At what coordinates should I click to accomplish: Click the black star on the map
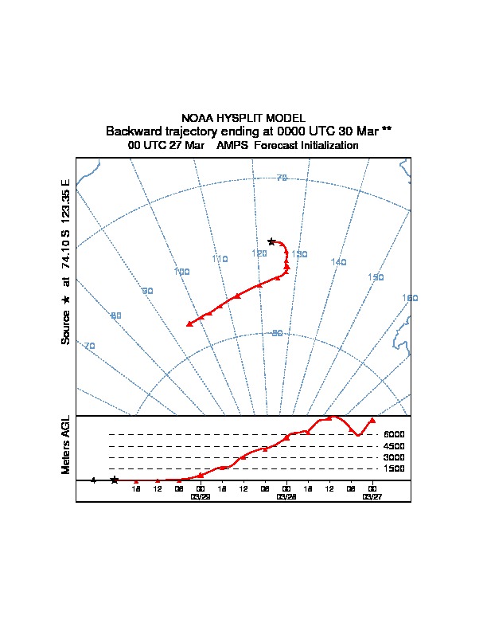271,241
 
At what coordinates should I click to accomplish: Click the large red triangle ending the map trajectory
189,323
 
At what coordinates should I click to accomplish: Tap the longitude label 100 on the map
181,272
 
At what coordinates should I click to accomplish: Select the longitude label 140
339,262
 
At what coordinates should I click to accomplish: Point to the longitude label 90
147,291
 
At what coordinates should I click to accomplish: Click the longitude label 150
376,277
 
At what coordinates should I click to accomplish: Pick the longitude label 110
220,259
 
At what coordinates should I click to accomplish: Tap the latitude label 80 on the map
277,333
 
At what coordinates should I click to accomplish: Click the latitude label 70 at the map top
281,178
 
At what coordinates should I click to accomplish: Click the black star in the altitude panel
114,480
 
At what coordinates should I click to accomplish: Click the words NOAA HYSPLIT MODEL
243,117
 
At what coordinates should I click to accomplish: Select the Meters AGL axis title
66,445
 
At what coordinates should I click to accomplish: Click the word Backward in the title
132,131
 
